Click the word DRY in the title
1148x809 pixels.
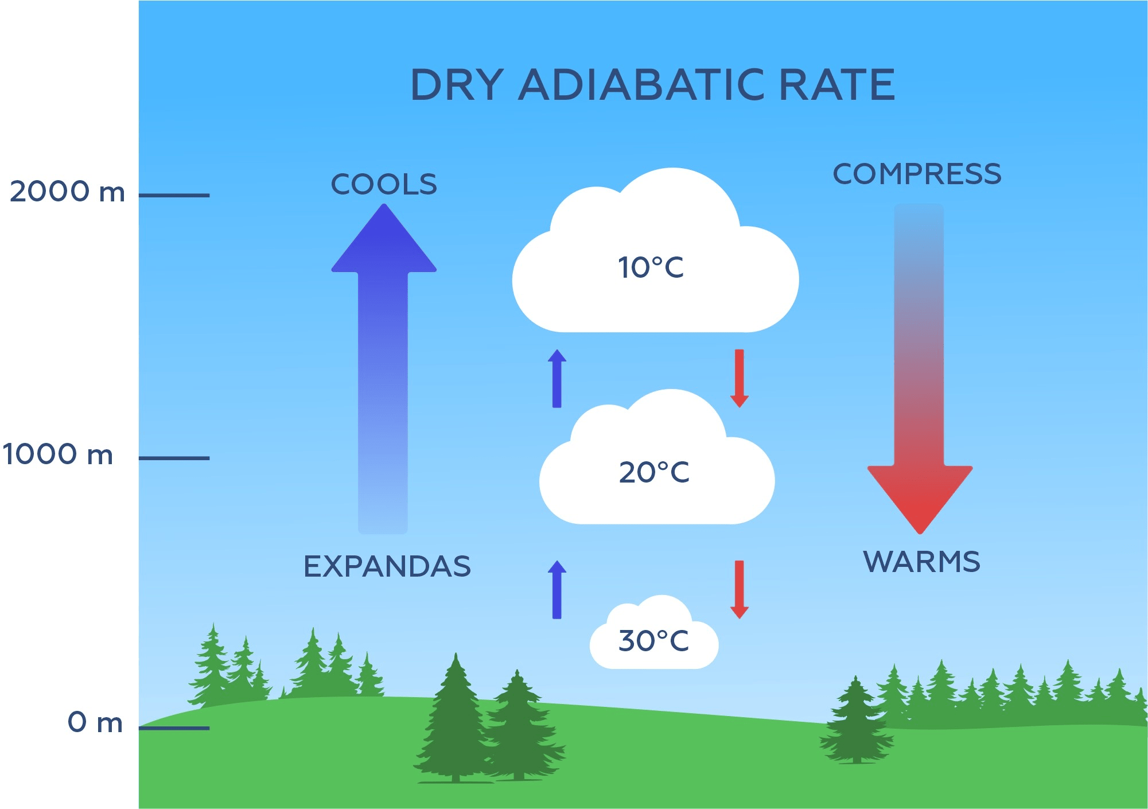[x=457, y=85]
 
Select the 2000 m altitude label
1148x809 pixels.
[x=67, y=192]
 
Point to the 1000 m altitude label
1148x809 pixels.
[x=57, y=454]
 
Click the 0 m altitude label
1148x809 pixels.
[x=95, y=722]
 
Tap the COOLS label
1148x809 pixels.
[x=384, y=185]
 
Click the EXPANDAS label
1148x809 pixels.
[x=387, y=567]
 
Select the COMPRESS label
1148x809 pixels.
[x=917, y=174]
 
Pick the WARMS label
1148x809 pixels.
[x=921, y=562]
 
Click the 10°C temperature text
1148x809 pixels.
[x=651, y=268]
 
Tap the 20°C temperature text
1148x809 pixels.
[x=654, y=473]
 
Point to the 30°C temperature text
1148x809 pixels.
[x=653, y=641]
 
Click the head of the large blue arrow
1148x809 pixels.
[x=384, y=241]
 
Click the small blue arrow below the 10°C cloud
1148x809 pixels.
[x=557, y=379]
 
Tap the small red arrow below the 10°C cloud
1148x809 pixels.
[x=740, y=379]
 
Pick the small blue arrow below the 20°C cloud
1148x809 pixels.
[x=557, y=589]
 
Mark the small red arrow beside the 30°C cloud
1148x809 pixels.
[x=740, y=589]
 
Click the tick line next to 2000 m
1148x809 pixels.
[x=174, y=196]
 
